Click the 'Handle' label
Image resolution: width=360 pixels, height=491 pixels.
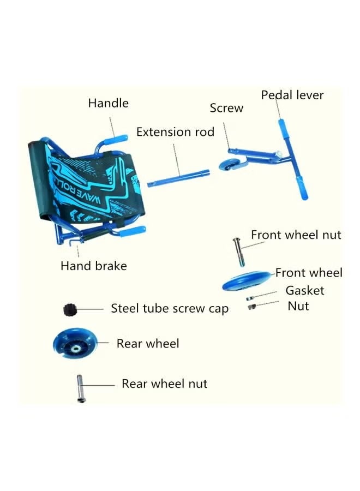click(x=108, y=103)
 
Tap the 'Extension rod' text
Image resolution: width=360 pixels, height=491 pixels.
click(x=175, y=132)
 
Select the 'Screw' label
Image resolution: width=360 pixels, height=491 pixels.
click(x=226, y=108)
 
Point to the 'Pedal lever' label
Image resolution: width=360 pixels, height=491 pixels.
click(x=292, y=95)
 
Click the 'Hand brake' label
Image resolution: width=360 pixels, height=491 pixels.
click(x=93, y=266)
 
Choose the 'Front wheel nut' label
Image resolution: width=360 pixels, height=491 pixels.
click(x=296, y=235)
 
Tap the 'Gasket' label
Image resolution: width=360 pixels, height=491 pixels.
click(x=304, y=290)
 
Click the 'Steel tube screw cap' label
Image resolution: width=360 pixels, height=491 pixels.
click(x=170, y=308)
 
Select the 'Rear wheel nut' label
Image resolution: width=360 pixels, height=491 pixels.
click(x=164, y=384)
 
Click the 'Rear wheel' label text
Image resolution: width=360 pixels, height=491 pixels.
click(x=147, y=343)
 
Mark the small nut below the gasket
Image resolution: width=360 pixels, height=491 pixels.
click(x=251, y=308)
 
